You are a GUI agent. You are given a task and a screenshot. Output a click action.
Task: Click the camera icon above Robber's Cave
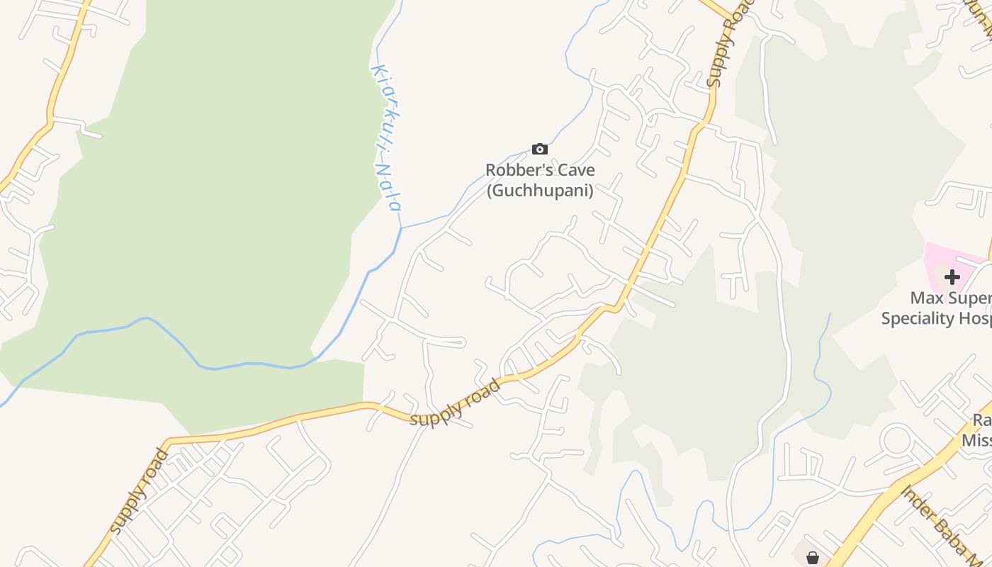[540, 149]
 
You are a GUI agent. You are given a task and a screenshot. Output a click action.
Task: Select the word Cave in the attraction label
[575, 171]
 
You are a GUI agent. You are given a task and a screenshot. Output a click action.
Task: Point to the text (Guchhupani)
[540, 191]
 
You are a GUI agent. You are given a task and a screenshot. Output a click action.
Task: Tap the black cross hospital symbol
[952, 277]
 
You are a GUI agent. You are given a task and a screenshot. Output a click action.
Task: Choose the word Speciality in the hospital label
[920, 318]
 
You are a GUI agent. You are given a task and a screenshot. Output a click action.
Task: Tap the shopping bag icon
[813, 558]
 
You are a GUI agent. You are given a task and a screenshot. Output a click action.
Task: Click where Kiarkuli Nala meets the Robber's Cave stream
[401, 228]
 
